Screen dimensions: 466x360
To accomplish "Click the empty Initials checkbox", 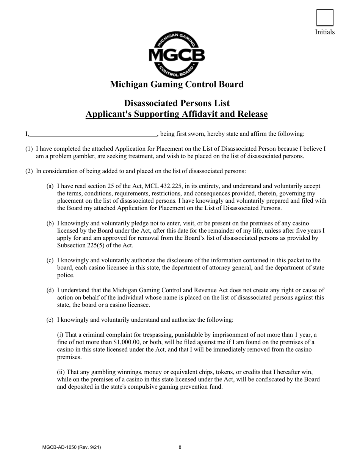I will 325,18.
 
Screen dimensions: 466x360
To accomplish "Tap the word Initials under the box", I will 325,32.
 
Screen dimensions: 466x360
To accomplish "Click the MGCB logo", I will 177,55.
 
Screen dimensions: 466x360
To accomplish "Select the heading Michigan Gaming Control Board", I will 177,84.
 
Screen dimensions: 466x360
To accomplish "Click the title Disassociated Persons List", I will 177,103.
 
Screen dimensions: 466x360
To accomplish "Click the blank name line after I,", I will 93,134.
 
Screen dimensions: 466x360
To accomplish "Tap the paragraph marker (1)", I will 29,149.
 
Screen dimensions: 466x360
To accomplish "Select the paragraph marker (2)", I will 29,171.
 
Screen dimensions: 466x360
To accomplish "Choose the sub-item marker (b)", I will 50,224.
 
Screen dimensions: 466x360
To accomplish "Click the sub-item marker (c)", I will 50,260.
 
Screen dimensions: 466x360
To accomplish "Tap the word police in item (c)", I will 66,275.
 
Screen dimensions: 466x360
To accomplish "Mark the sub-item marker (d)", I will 50,290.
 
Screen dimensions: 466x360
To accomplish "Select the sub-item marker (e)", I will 50,320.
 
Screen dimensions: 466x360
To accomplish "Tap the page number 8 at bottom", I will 180,447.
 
